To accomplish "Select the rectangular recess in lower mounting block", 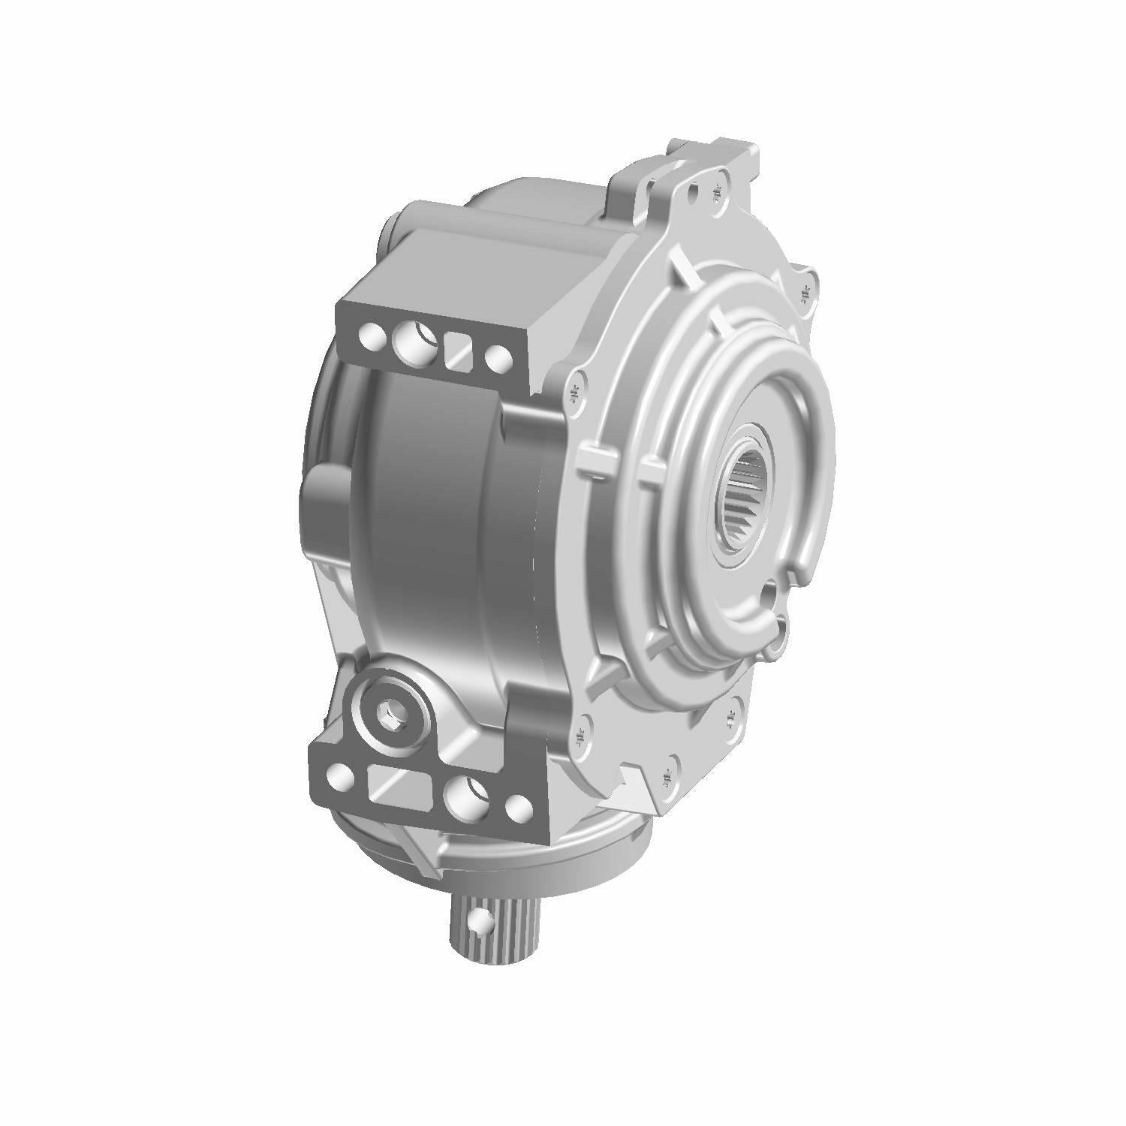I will (x=398, y=784).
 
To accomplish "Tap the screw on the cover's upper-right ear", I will (x=808, y=290).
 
